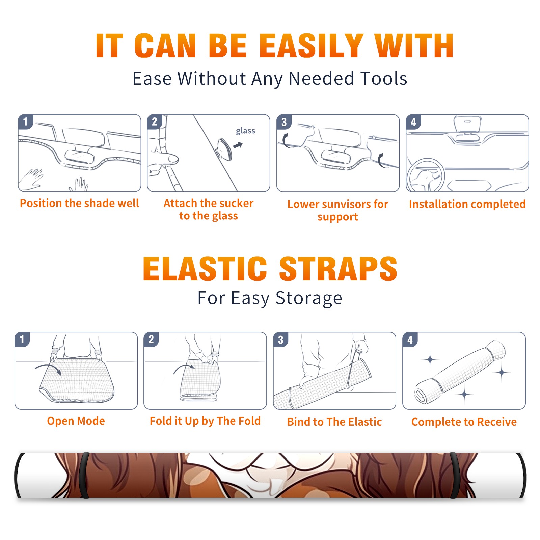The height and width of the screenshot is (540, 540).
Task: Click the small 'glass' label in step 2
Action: (245, 131)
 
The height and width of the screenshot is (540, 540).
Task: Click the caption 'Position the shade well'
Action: (79, 203)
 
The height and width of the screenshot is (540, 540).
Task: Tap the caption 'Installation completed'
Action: (467, 204)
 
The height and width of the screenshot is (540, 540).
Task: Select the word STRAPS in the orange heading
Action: (338, 269)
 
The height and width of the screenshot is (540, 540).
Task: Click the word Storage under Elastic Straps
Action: (309, 298)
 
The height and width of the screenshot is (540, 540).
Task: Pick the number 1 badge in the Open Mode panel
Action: (22, 339)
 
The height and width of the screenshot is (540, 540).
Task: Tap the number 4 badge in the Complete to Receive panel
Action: (410, 340)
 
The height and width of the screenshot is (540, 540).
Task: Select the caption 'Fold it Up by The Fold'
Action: (205, 421)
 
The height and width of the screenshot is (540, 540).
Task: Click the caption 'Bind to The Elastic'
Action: (334, 422)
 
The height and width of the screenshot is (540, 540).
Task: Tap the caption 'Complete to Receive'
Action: (464, 422)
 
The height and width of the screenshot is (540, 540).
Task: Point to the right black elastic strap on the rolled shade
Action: (455, 475)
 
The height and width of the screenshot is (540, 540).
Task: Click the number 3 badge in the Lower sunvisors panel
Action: (284, 122)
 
